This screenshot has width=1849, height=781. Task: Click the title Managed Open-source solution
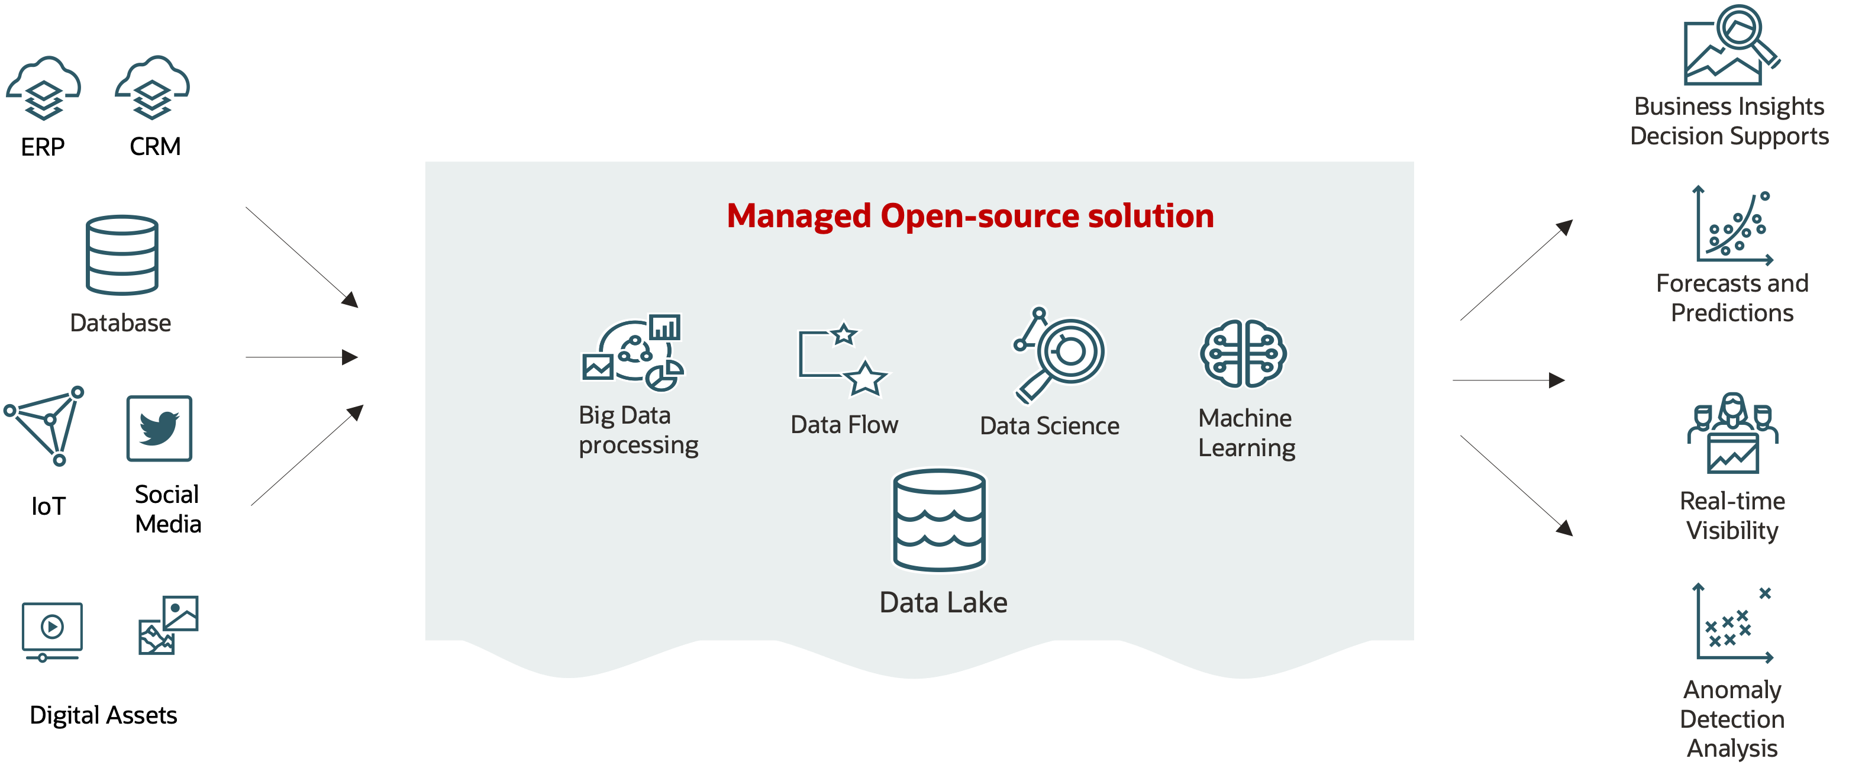970,215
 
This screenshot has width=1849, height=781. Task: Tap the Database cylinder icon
122,255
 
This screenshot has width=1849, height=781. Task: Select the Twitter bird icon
159,428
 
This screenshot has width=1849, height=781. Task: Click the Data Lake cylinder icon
939,521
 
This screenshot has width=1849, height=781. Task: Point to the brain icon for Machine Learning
1243,354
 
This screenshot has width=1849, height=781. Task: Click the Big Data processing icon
633,353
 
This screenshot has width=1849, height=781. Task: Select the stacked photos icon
169,625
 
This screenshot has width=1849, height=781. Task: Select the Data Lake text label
943,603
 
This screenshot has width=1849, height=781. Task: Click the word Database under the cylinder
121,323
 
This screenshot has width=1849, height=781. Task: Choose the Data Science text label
1050,425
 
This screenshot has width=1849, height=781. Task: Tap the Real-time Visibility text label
1732,515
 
